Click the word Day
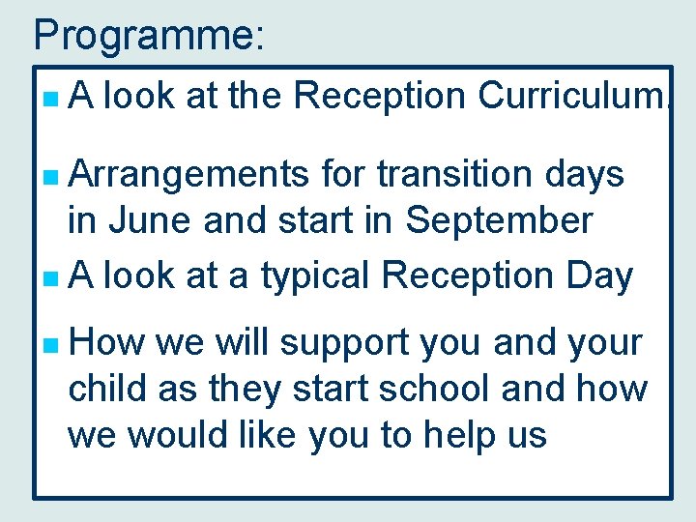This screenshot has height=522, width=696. (600, 277)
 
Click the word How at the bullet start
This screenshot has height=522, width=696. (104, 343)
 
